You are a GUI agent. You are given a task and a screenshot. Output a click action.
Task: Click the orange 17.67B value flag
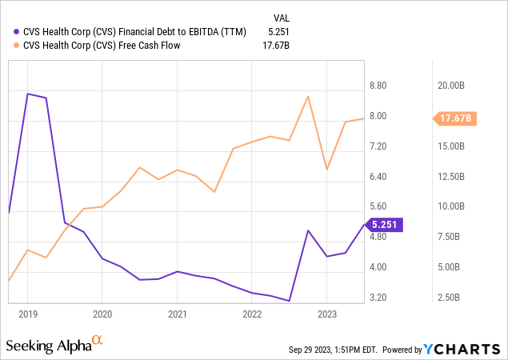(457, 118)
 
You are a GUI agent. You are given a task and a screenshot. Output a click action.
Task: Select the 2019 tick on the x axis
(28, 314)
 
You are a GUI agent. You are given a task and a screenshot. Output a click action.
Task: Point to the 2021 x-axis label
(177, 314)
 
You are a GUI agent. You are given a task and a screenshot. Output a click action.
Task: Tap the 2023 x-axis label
(326, 314)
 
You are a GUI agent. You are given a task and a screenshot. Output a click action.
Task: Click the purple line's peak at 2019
(28, 94)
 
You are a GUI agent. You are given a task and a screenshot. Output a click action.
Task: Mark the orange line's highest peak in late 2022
(308, 96)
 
